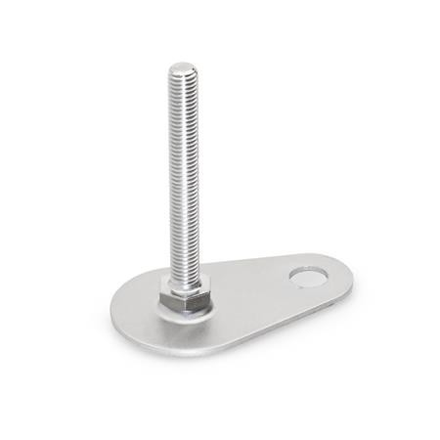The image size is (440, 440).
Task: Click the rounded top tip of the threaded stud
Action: [x=181, y=68]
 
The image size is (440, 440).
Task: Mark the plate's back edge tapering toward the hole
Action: [x=244, y=267]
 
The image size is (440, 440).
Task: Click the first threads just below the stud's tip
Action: [x=181, y=83]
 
